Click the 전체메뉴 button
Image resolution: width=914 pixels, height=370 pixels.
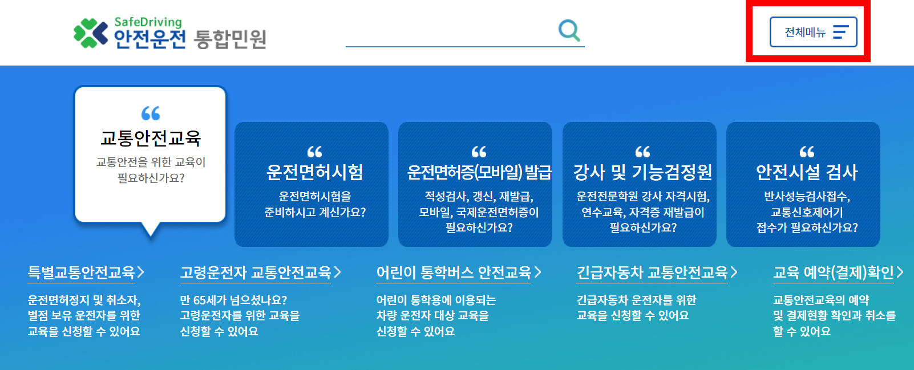813,32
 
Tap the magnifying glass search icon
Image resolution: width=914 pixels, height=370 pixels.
569,31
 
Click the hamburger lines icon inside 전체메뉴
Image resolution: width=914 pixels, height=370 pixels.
840,32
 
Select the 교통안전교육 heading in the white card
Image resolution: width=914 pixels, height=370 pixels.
151,138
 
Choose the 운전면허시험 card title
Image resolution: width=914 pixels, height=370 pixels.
314,172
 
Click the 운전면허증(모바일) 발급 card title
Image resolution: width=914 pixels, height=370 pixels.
479,172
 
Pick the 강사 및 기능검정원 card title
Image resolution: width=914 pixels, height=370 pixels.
642,172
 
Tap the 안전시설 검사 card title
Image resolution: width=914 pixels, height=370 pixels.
807,172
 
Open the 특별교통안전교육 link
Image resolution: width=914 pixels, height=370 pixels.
81,272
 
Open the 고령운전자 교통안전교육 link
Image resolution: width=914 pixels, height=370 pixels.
256,272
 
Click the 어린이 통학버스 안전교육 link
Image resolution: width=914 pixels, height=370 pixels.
454,272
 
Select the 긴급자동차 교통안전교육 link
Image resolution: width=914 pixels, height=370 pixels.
652,272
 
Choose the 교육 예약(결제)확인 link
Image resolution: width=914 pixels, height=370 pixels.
834,272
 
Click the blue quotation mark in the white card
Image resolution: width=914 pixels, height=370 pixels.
151,113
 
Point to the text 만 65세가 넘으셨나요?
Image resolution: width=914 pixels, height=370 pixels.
233,300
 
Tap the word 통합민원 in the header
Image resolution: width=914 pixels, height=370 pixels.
230,39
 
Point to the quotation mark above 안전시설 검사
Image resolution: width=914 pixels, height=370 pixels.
807,152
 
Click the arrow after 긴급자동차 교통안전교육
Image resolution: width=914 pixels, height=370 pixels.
734,272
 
